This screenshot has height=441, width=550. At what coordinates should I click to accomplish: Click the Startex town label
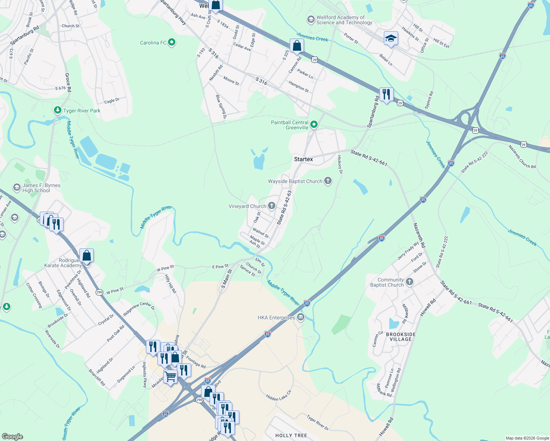tap(303, 159)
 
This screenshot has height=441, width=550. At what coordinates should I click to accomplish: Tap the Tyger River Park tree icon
tap(57, 110)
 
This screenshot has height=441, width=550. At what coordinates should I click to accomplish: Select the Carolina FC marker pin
tap(172, 43)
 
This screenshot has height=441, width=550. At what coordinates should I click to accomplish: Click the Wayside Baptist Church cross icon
tap(328, 181)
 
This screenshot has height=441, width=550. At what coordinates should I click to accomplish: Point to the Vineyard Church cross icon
tap(272, 206)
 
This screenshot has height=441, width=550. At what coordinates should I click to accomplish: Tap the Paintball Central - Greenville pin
tap(314, 125)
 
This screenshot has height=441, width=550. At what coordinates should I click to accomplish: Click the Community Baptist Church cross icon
tap(410, 282)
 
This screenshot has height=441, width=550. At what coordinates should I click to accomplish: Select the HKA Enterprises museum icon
tap(301, 317)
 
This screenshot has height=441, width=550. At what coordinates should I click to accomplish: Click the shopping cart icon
tap(170, 376)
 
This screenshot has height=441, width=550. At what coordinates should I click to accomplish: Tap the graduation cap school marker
tap(391, 39)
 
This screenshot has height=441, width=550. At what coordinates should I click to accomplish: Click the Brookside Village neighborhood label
tap(401, 337)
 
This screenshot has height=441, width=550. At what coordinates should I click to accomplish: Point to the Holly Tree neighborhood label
tap(291, 435)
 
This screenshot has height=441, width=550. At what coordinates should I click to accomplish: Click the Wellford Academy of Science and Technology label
tap(344, 20)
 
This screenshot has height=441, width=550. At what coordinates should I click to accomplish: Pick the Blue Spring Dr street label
tap(221, 107)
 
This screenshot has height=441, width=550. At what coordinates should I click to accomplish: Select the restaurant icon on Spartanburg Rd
tap(386, 94)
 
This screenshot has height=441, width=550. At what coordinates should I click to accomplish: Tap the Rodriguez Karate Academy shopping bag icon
tap(86, 255)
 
